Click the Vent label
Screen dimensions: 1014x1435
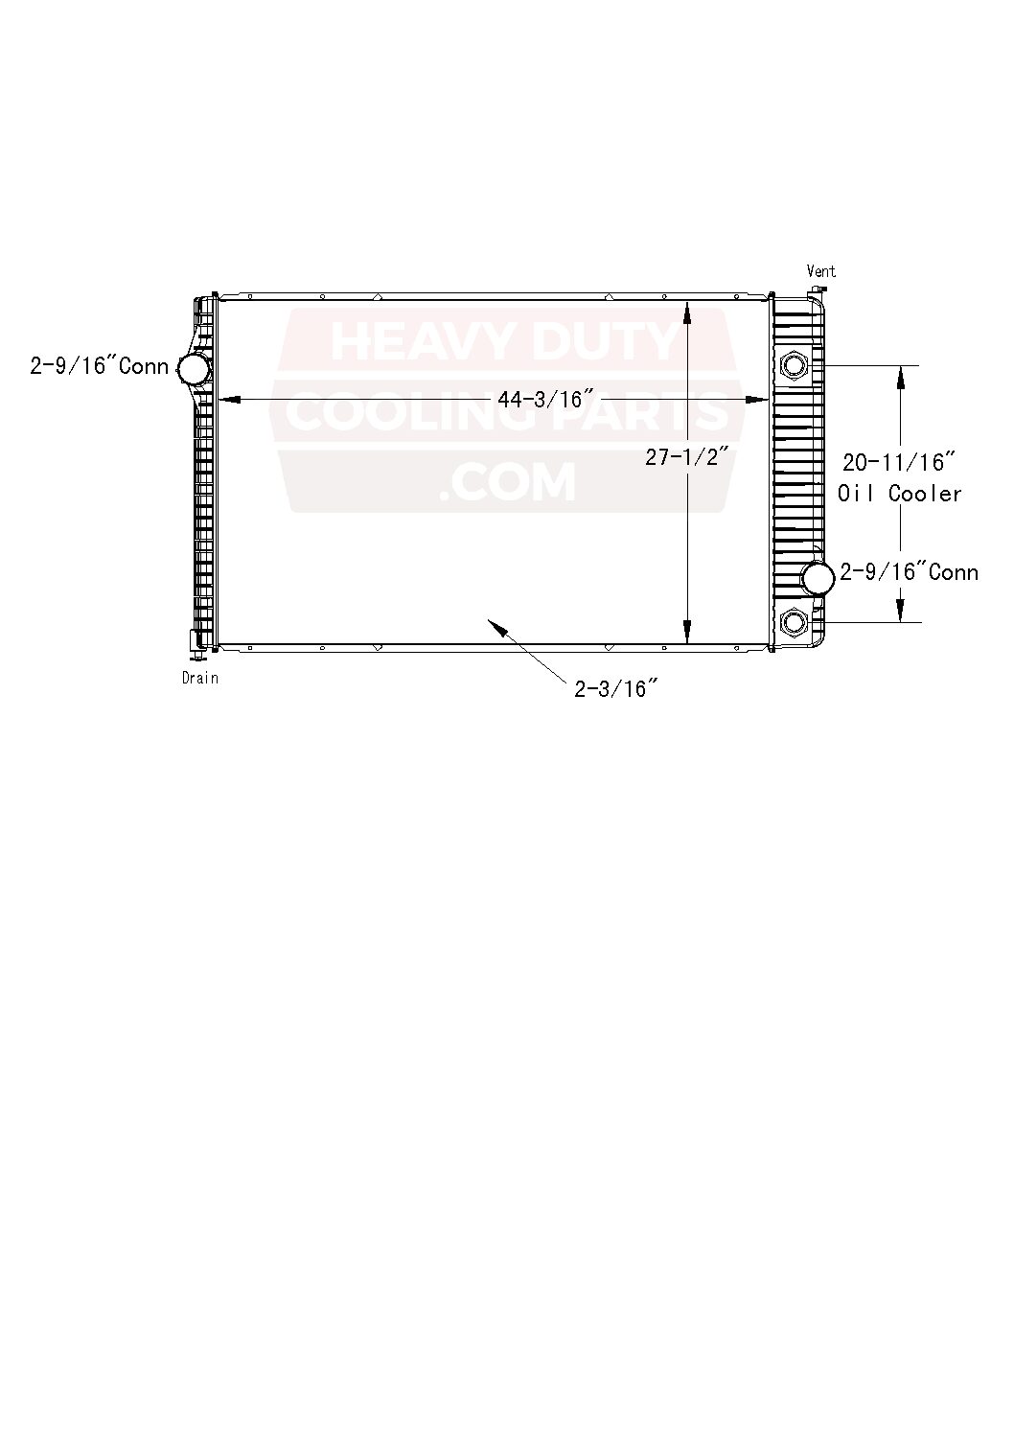click(x=820, y=271)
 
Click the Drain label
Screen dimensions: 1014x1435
click(x=200, y=678)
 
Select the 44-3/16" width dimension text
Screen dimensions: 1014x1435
click(x=543, y=399)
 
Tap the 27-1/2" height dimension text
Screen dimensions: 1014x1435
click(x=686, y=457)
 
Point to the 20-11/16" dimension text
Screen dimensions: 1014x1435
click(x=898, y=462)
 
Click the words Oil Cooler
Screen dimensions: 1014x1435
click(x=899, y=494)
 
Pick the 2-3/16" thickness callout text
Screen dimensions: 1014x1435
click(x=616, y=689)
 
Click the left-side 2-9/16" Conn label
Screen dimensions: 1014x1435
click(x=100, y=366)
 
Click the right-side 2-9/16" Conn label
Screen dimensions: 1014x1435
click(x=909, y=572)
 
